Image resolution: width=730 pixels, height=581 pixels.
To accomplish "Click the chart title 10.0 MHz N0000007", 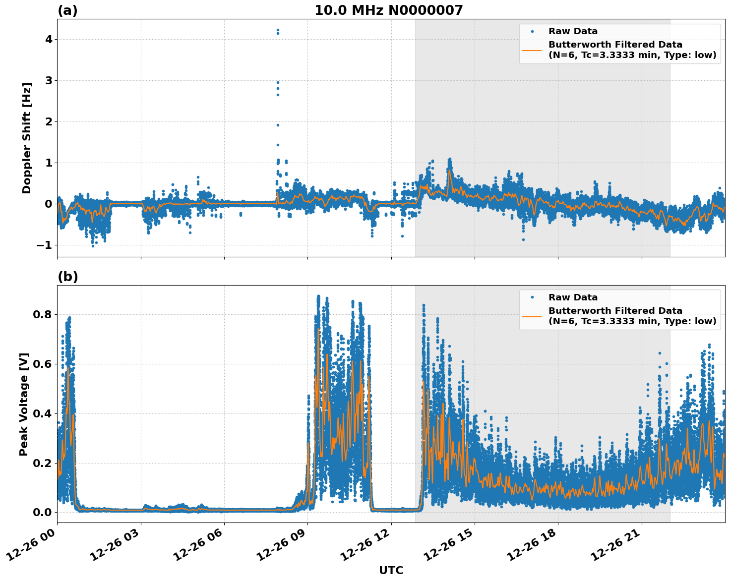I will [x=388, y=10].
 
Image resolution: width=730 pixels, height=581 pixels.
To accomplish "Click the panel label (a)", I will [x=67, y=10].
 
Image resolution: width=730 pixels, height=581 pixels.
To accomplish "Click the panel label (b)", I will [x=67, y=277].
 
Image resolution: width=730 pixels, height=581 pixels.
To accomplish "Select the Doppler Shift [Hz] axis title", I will [x=27, y=138].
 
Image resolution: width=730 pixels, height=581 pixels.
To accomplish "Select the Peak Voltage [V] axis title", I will [x=24, y=404].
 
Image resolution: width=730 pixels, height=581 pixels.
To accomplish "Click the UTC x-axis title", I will [x=391, y=570].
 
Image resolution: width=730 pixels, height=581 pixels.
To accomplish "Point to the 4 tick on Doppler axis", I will [x=49, y=39].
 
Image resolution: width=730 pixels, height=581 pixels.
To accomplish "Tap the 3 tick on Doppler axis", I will [x=49, y=80].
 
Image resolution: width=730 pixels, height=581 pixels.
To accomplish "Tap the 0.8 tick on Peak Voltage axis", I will [x=43, y=315].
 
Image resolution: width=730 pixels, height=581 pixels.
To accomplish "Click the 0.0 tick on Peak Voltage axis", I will [x=43, y=512].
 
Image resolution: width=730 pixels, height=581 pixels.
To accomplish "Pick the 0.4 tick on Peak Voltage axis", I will [x=43, y=413].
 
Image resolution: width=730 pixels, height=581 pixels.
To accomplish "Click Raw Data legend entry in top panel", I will [x=573, y=31].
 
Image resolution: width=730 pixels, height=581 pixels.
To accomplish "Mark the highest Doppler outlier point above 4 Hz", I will [x=278, y=30].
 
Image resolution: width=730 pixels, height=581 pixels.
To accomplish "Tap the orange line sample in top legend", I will [x=532, y=50].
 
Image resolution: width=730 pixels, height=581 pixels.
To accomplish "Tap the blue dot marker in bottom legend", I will [x=532, y=297].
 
